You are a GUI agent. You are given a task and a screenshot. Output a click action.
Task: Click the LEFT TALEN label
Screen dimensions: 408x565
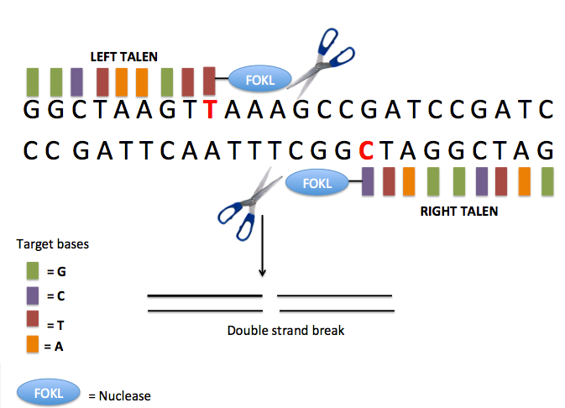click(x=136, y=56)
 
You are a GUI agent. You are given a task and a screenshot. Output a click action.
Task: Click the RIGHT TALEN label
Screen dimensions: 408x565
click(x=458, y=212)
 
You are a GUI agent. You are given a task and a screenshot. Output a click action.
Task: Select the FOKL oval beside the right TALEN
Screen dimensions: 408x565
click(x=317, y=182)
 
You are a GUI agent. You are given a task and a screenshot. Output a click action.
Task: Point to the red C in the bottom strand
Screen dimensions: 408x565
click(x=365, y=151)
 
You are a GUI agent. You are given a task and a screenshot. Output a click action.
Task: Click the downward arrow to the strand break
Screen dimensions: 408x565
click(x=262, y=248)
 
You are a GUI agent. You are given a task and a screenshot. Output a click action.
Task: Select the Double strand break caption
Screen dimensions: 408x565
click(x=286, y=330)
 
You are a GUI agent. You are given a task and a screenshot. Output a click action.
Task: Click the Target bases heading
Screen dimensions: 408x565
click(x=53, y=244)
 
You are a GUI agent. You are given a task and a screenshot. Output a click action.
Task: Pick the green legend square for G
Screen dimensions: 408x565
click(x=34, y=270)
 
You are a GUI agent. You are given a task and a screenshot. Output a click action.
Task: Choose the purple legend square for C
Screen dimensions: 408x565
click(x=34, y=296)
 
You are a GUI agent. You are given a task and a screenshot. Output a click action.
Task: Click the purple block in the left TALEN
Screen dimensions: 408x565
click(x=77, y=81)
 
